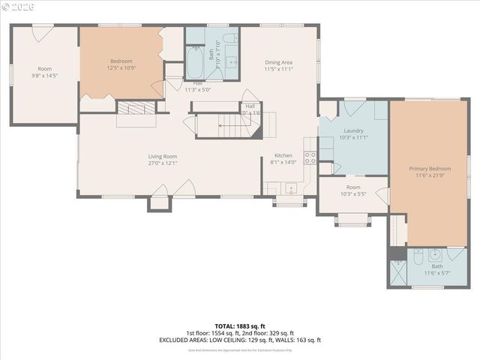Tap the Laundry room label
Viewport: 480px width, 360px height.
[x=353, y=130]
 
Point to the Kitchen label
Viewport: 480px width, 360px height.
[x=283, y=155]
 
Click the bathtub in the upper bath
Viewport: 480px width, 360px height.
[x=194, y=64]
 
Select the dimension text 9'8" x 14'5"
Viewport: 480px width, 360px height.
[x=45, y=76]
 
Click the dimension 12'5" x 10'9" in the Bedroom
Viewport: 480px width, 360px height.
[x=121, y=68]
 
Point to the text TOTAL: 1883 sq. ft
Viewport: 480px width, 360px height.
[x=239, y=327]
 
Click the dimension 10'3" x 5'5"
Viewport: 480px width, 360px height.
[x=352, y=194]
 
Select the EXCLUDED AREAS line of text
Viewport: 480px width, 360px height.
[x=239, y=340]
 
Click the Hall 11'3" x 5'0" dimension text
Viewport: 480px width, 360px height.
[x=198, y=89]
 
